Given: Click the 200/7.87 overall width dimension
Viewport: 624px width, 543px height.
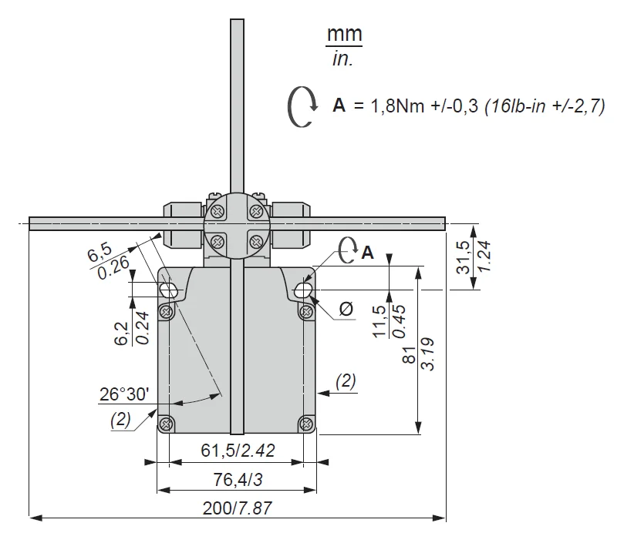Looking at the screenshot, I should pyautogui.click(x=238, y=508).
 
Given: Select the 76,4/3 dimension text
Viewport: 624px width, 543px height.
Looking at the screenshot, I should pyautogui.click(x=238, y=479).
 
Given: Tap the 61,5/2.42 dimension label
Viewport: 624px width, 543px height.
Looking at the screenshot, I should pyautogui.click(x=238, y=451).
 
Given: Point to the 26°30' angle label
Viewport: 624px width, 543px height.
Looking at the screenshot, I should pyautogui.click(x=124, y=394).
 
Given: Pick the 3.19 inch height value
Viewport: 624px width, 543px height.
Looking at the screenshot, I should pyautogui.click(x=427, y=353).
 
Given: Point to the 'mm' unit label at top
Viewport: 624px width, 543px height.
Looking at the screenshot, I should pyautogui.click(x=345, y=34).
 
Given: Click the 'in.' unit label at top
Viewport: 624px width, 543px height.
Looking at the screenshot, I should pyautogui.click(x=342, y=59).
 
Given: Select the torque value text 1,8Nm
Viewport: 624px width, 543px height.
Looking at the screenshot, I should pyautogui.click(x=396, y=107).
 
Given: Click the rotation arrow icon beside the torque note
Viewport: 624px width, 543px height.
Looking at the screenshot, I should pyautogui.click(x=301, y=106).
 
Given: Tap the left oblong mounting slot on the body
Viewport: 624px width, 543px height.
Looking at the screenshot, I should pyautogui.click(x=169, y=290).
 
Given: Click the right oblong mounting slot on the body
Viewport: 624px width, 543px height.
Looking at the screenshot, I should pyautogui.click(x=305, y=290).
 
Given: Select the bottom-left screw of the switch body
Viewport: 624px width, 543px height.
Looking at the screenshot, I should pyautogui.click(x=167, y=423).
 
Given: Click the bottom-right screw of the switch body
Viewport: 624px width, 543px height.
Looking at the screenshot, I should pyautogui.click(x=307, y=423).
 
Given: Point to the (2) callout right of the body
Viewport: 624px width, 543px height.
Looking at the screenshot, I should pyautogui.click(x=346, y=380).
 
